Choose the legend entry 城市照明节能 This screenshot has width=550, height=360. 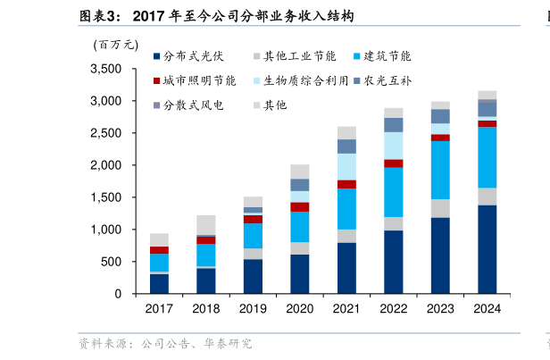tap(200, 80)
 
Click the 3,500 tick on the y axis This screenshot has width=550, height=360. tap(106, 69)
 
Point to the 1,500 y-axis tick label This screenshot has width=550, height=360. tap(106, 197)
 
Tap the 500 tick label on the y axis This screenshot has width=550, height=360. tap(112, 262)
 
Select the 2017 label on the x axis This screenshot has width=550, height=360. tap(159, 308)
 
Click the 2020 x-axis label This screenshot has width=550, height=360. tap(299, 308)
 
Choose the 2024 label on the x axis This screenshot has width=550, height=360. tap(487, 308)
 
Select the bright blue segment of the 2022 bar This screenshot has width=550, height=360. tap(393, 192)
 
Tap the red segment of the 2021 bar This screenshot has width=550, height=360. tap(346, 184)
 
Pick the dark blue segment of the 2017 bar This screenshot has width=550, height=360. tap(159, 283)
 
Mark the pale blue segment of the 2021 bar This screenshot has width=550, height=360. tap(346, 166)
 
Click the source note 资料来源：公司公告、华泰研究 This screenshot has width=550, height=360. tap(165, 342)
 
